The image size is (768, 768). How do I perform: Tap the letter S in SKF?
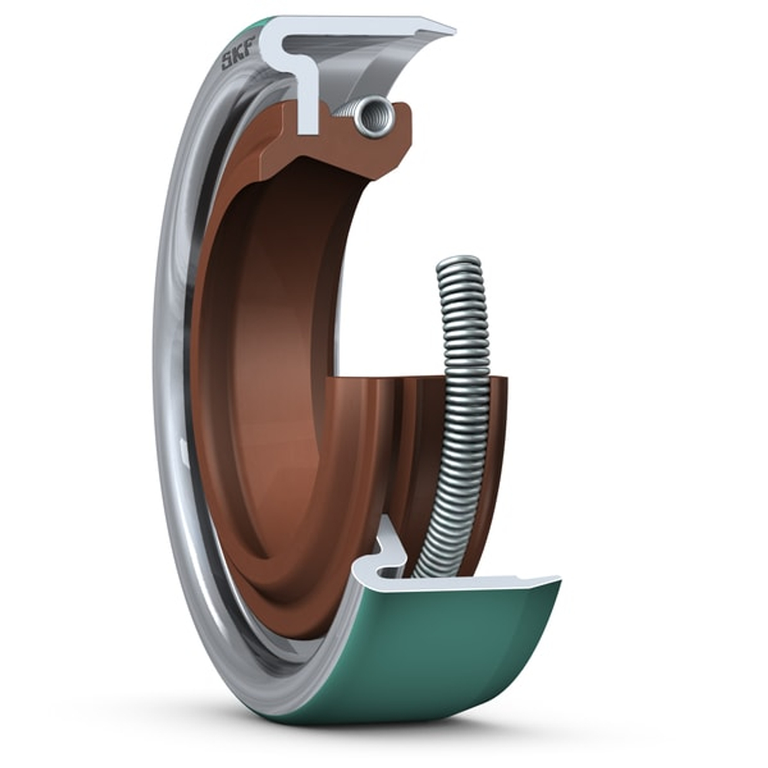point(227,62)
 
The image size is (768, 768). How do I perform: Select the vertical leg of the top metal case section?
point(308,100)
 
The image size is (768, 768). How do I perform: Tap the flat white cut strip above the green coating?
point(476,584)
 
